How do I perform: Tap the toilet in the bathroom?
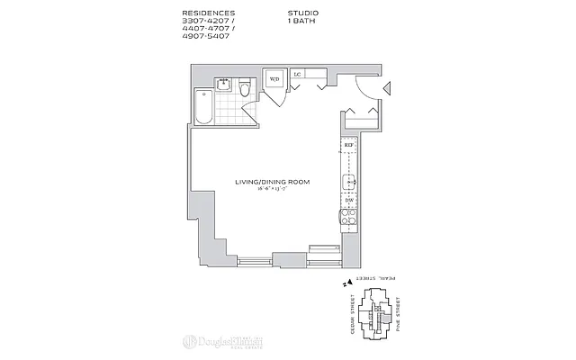coord(243,90)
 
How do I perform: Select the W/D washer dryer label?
coord(275,79)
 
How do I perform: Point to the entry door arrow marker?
coord(386,87)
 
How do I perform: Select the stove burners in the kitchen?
coord(348,217)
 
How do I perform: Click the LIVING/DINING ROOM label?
coord(272,182)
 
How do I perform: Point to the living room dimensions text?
coord(272,190)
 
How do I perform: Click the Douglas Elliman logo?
coord(222,341)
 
